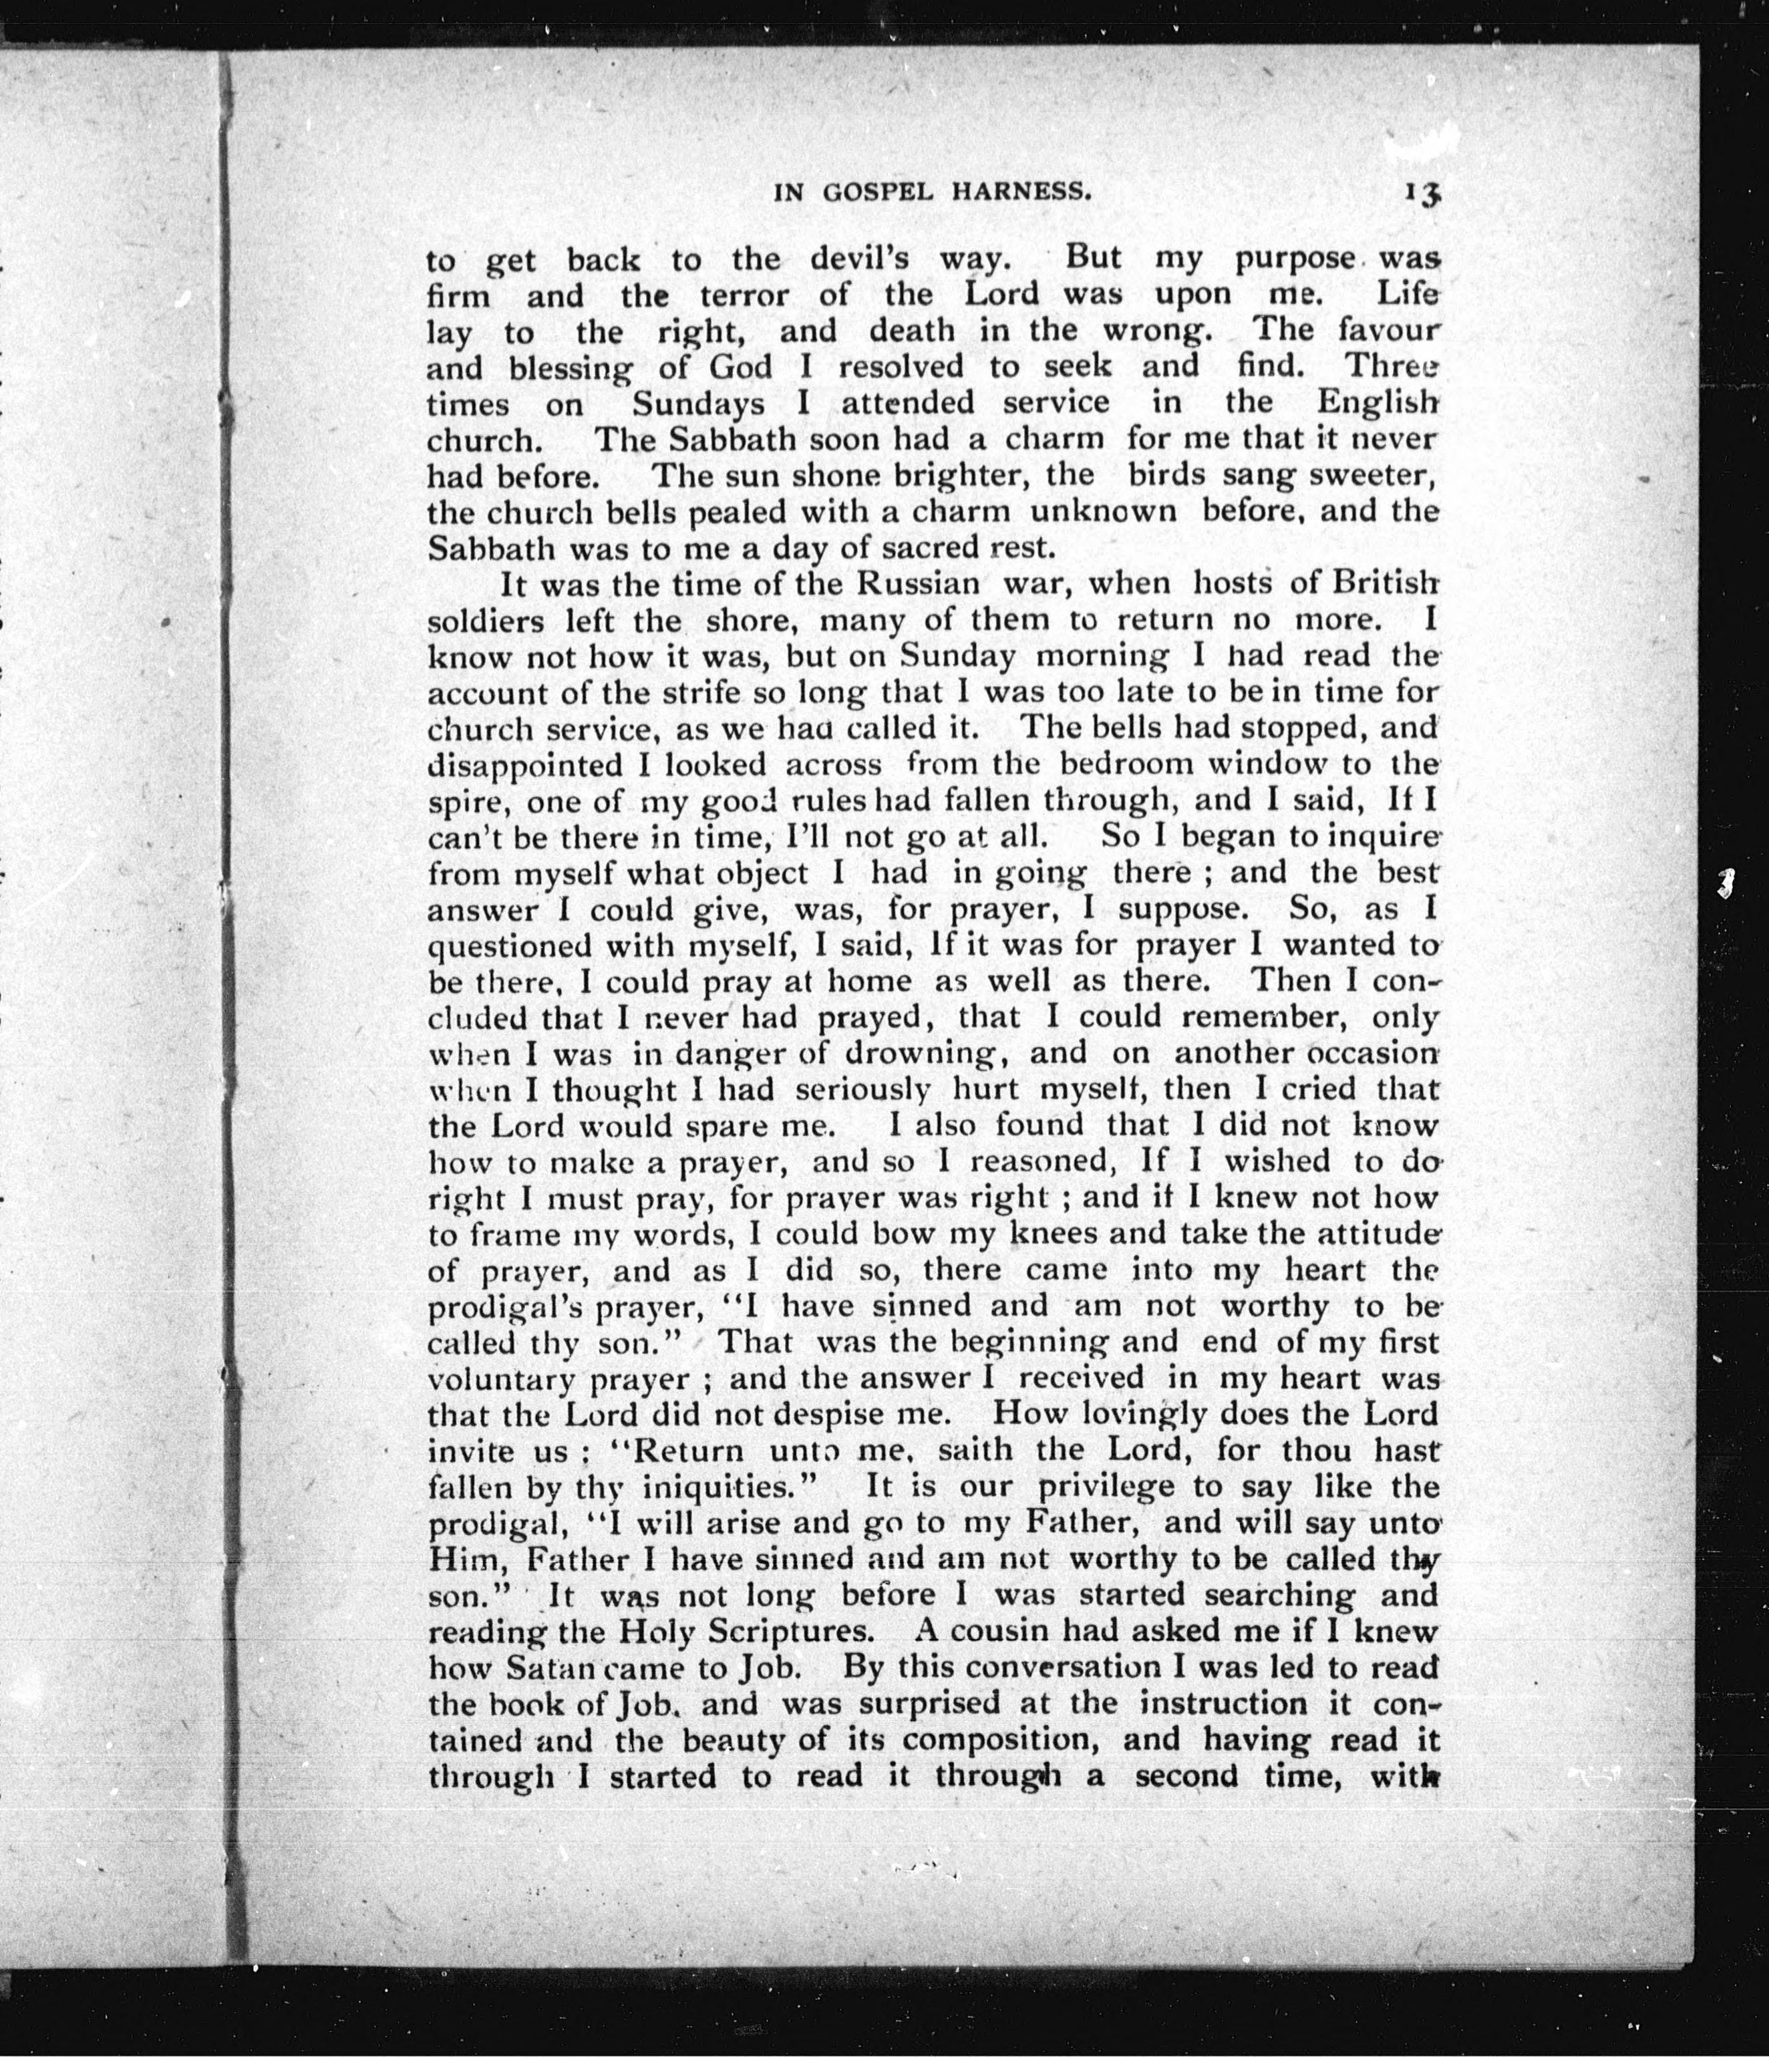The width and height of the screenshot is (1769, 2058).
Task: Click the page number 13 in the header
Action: [x=1422, y=192]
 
